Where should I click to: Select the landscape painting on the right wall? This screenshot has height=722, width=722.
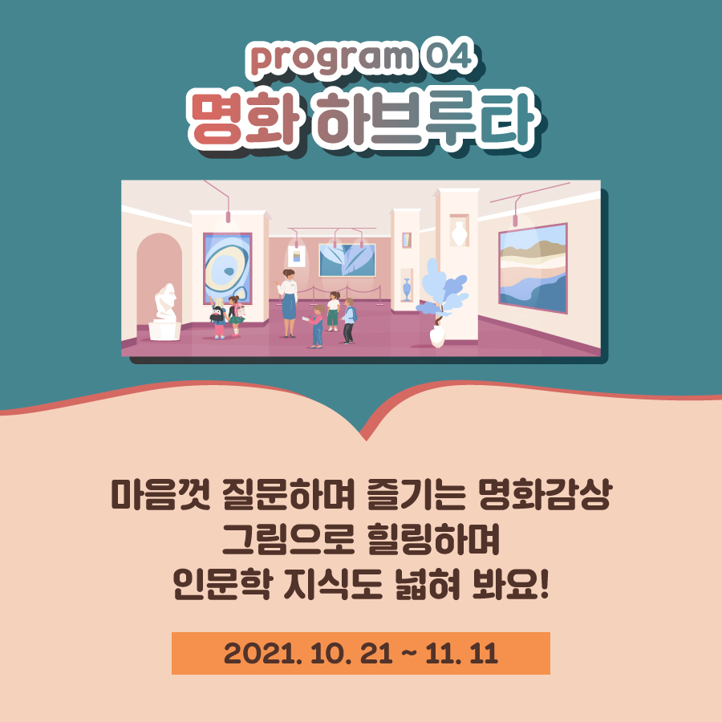(533, 267)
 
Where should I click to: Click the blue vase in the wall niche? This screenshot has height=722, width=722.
(406, 290)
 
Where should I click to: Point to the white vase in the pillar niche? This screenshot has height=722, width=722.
(459, 233)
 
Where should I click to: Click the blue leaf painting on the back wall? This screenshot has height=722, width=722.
(347, 260)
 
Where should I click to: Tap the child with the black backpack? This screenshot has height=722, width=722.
(217, 318)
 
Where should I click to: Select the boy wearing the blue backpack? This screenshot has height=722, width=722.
(349, 321)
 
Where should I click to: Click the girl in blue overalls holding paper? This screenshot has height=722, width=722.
(316, 326)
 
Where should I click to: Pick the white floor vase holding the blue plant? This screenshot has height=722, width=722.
(437, 335)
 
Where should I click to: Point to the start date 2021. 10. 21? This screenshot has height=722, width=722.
(308, 653)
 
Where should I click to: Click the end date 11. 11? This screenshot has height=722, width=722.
(461, 653)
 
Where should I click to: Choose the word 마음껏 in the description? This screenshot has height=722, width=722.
(160, 495)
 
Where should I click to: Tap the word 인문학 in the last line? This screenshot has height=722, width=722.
(221, 584)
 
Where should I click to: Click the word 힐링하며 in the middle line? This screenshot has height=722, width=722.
(433, 539)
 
